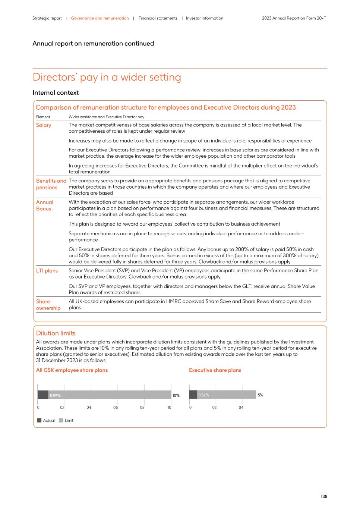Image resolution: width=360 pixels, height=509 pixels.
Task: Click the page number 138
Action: (323, 496)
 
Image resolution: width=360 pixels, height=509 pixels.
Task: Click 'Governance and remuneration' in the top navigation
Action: (100, 18)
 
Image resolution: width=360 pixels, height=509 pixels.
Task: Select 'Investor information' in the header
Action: (205, 18)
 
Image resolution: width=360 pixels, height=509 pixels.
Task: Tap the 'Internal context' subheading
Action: (56, 92)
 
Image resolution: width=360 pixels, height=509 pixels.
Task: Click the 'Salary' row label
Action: (44, 125)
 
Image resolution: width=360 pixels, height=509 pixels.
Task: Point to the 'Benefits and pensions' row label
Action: (51, 184)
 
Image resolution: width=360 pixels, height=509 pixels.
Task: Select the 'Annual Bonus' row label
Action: (44, 205)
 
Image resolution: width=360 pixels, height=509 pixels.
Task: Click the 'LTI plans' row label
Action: (47, 271)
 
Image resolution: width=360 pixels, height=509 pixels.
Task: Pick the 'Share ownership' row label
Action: (48, 305)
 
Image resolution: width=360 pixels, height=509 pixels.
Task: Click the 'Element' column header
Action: (43, 117)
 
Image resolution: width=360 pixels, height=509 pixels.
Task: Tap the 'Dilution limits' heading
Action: (56, 333)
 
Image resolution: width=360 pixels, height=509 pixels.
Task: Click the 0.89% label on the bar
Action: (55, 395)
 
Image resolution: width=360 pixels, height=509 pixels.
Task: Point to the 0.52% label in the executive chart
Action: (203, 395)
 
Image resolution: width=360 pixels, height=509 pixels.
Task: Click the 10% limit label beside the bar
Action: (176, 395)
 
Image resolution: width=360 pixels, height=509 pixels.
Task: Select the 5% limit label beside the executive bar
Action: (260, 395)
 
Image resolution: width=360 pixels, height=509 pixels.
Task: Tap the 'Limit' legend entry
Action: (69, 420)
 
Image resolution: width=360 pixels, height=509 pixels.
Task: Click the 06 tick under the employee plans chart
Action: (116, 408)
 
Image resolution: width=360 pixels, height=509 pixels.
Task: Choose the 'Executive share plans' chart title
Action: (215, 370)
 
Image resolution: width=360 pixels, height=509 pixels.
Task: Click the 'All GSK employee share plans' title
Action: (72, 370)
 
